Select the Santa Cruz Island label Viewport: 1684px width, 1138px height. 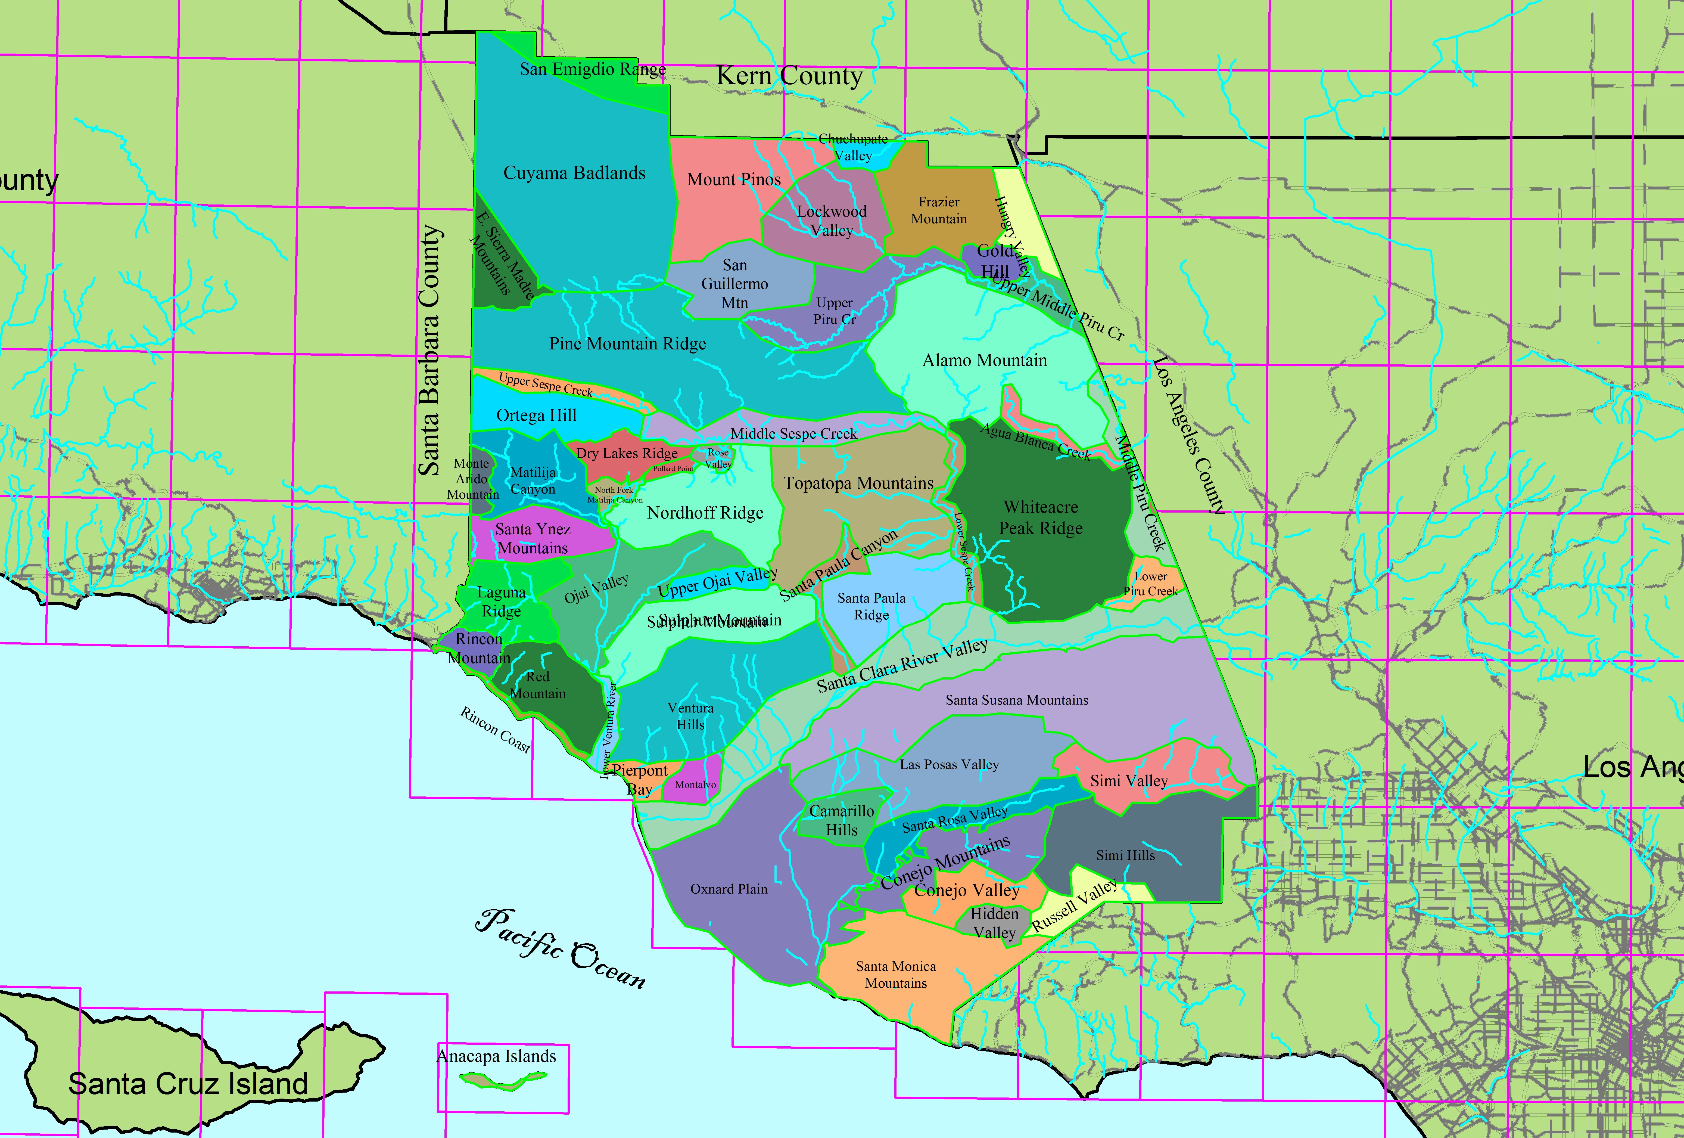pos(188,1084)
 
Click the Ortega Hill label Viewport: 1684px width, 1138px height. pos(536,415)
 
